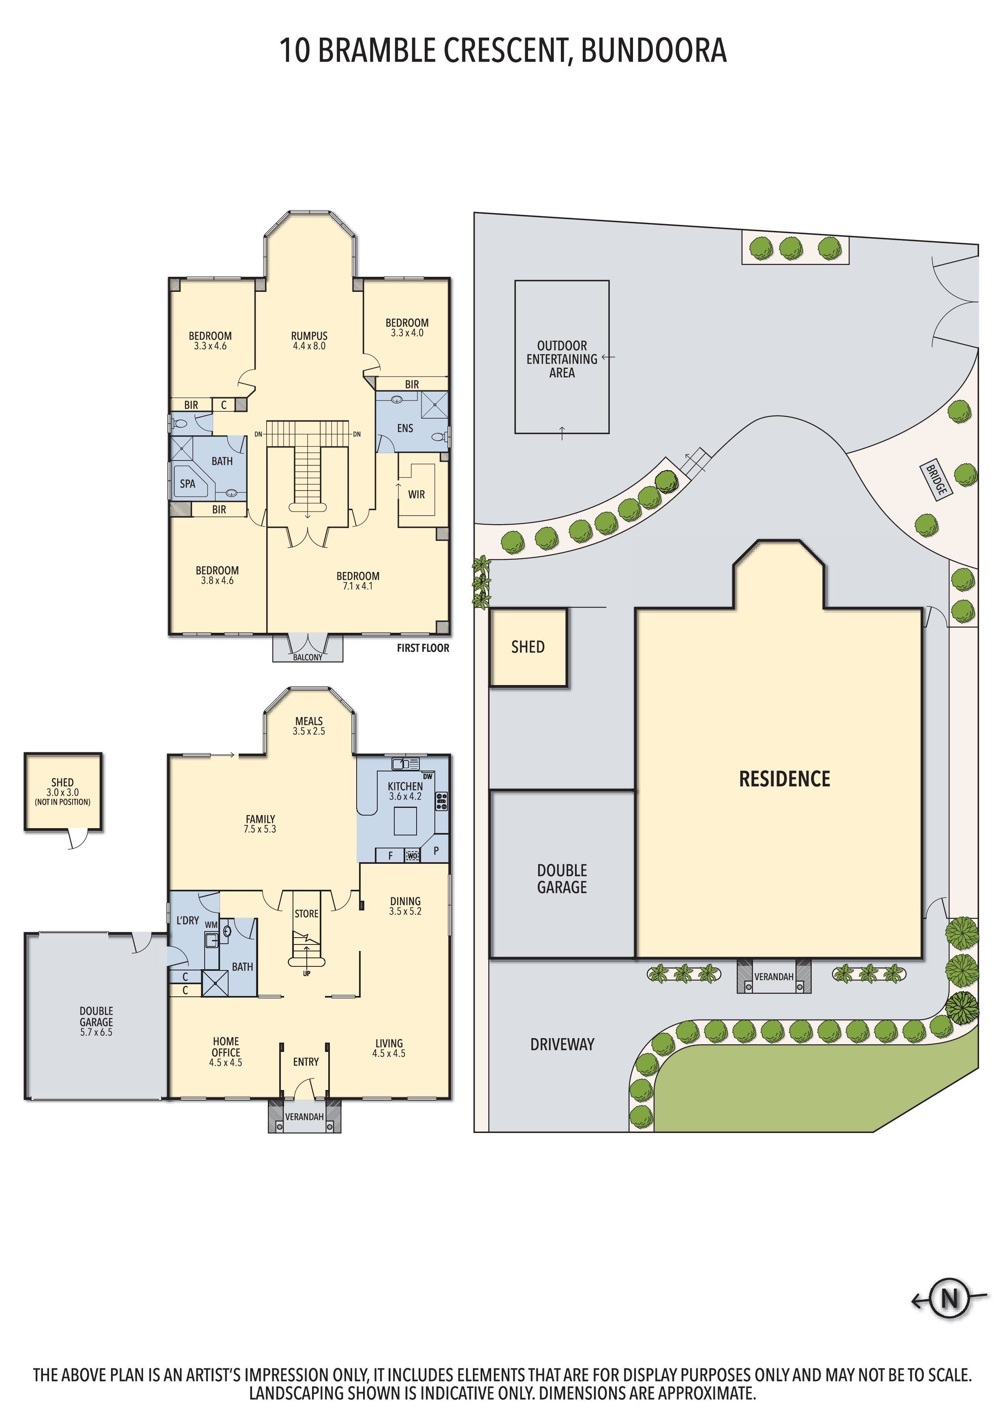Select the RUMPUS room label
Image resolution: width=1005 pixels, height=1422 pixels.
point(309,336)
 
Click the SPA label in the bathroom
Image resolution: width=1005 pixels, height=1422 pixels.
point(187,484)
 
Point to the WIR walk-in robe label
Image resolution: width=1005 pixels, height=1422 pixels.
point(416,494)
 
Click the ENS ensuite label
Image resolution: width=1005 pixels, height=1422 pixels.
point(405,428)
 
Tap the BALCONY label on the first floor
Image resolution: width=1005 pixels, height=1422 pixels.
point(308,657)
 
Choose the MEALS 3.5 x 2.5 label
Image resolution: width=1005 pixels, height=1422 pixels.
point(309,726)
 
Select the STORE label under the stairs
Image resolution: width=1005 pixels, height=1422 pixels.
point(306,914)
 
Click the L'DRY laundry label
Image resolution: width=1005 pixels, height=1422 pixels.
point(188,920)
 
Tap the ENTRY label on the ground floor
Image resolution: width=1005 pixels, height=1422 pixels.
point(306,1062)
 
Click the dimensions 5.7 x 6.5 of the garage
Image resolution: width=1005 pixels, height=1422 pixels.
point(96,1032)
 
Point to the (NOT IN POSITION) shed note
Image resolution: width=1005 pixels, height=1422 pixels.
point(62,802)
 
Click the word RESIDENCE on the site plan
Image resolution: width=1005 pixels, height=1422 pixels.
point(785,779)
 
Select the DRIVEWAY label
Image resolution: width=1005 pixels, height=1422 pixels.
point(562,1044)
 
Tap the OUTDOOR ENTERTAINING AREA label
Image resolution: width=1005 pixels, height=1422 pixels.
point(562,359)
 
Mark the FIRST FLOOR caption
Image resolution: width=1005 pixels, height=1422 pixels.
point(423,648)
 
